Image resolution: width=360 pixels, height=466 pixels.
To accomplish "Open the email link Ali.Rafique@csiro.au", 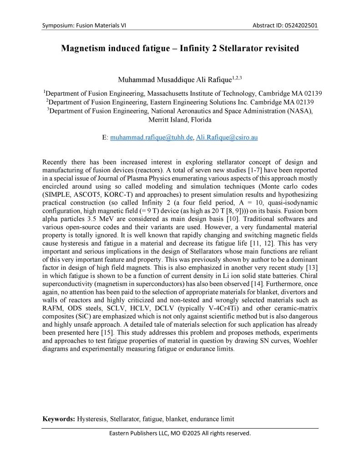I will (227, 137).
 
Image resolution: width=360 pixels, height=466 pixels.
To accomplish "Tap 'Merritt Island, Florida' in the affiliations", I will (180, 120).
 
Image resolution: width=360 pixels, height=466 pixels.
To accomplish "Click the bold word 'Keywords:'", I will (59, 419).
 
